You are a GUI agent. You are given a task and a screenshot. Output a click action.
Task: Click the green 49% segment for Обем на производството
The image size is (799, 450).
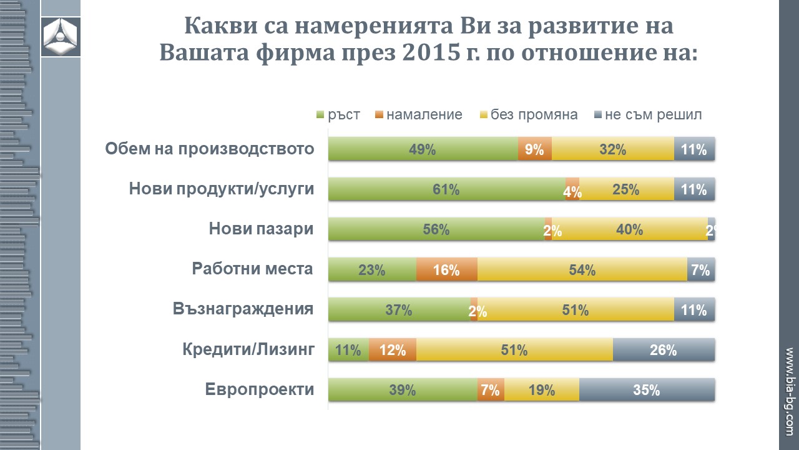point(423,149)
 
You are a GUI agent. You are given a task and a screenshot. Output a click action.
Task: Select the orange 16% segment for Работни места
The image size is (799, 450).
point(446,270)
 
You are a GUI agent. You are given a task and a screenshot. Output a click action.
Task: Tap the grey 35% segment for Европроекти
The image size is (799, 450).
point(647,390)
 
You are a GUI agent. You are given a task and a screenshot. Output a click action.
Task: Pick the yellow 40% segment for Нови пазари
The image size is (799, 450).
point(629,229)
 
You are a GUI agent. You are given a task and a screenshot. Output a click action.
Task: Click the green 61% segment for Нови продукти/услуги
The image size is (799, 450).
point(446,189)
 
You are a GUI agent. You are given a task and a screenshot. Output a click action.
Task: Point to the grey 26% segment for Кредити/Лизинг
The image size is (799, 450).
point(664,350)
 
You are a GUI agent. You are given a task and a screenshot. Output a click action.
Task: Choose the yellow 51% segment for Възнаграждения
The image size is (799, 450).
point(575,310)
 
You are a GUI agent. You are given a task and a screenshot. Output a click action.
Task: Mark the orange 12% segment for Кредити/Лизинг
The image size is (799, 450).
point(393,350)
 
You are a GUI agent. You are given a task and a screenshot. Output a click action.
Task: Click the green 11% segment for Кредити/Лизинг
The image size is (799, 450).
point(348,350)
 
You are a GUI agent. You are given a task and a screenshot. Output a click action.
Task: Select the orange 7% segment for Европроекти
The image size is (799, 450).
point(491,390)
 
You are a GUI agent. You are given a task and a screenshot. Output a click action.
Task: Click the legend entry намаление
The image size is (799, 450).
point(419,115)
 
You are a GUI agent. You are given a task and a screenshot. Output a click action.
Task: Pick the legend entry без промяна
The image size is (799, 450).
point(527,115)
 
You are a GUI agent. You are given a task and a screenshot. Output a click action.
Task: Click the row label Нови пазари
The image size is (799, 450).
point(261,229)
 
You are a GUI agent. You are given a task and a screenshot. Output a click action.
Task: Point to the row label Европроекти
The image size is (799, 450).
point(259,390)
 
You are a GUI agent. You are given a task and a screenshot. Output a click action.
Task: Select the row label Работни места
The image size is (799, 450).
point(252,269)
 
